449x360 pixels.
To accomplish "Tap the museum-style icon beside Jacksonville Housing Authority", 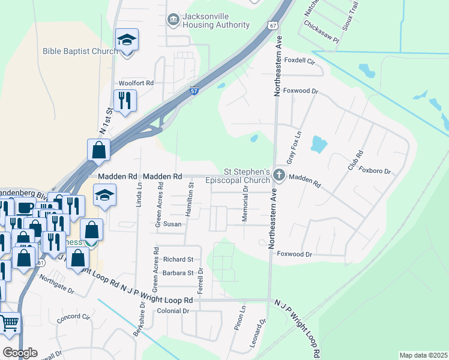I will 173,20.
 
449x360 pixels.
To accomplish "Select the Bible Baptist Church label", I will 80,51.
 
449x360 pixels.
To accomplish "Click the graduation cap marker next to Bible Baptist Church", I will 127,41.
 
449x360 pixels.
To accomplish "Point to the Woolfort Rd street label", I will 136,83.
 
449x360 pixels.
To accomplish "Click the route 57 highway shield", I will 194,91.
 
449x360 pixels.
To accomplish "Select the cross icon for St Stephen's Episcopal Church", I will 279,175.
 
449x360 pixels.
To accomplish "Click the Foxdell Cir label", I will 300,61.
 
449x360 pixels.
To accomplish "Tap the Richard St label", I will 178,260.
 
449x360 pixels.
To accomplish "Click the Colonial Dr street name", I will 173,311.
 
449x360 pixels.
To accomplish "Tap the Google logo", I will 20,353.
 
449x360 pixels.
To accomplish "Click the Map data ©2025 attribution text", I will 423,355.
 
